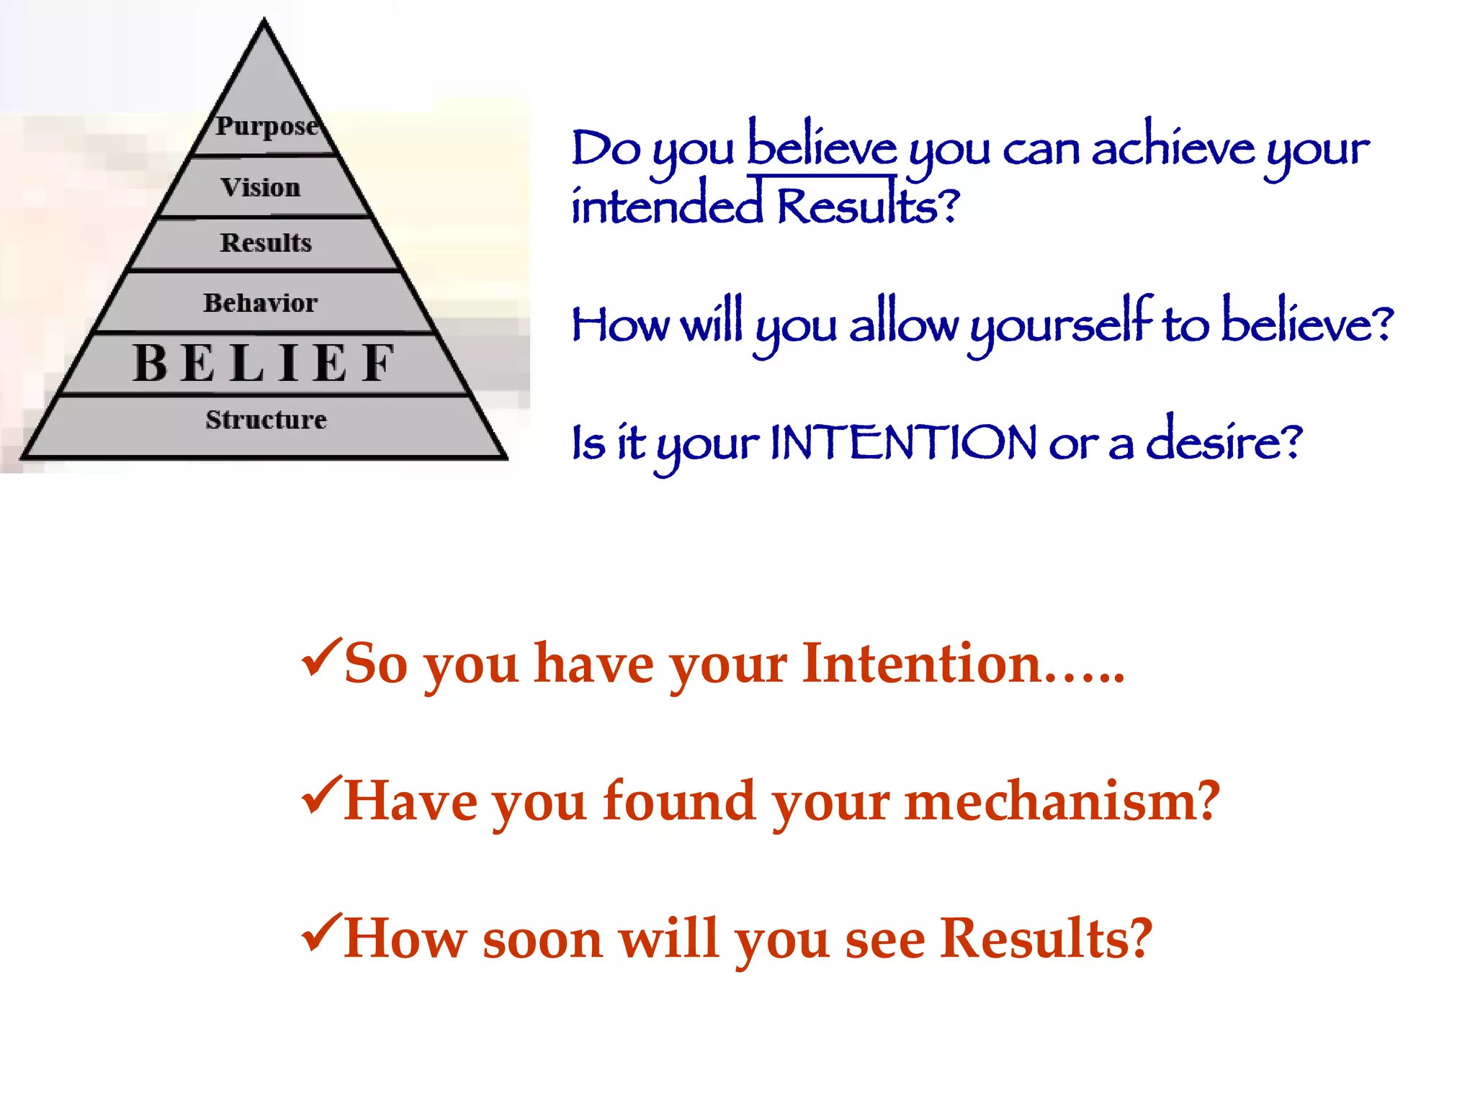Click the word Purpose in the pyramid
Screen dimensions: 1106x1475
tap(266, 126)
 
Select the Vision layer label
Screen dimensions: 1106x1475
tap(261, 188)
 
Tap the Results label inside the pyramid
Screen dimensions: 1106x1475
tap(266, 243)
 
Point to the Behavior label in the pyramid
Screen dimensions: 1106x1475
tap(260, 303)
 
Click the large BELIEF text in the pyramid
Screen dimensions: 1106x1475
tap(264, 363)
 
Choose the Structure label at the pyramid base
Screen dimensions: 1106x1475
tap(266, 420)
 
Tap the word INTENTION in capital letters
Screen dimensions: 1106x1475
tap(904, 442)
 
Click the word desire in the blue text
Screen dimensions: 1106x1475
tap(1216, 441)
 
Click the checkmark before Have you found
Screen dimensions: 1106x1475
tap(320, 795)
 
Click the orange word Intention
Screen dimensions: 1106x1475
tap(922, 663)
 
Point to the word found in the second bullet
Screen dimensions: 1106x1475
tap(678, 801)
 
